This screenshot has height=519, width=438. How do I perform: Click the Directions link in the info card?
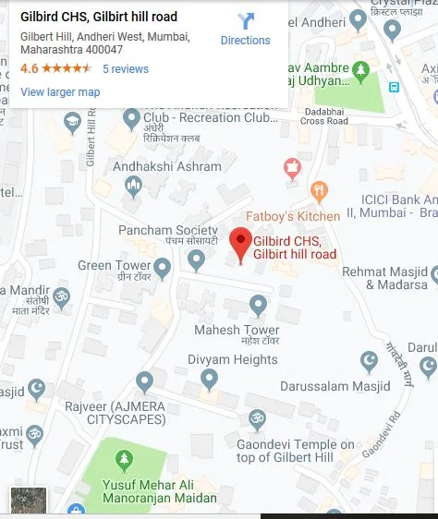(x=245, y=40)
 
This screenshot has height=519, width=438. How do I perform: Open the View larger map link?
(x=60, y=91)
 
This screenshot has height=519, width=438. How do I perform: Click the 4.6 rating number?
(x=29, y=69)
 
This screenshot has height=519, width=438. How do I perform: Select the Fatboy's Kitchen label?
(x=292, y=216)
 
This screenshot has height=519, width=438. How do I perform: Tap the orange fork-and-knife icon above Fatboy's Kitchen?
(x=320, y=191)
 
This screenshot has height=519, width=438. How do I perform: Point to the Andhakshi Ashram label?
(x=167, y=167)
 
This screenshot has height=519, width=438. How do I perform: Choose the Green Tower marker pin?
(x=163, y=269)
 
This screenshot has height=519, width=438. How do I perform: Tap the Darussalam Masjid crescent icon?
(x=369, y=358)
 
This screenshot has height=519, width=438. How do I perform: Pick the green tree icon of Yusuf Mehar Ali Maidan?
(x=123, y=461)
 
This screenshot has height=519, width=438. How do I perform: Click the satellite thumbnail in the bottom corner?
(x=28, y=501)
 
